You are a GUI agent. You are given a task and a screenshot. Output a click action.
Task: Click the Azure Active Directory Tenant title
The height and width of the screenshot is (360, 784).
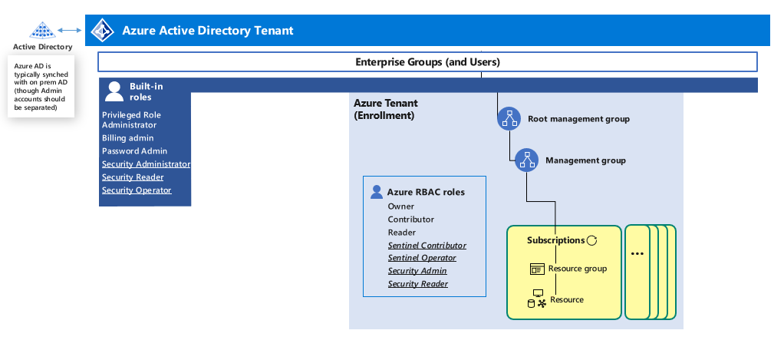point(207,31)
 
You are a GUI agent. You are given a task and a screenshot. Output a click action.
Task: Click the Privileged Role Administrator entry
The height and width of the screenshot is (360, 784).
point(131,120)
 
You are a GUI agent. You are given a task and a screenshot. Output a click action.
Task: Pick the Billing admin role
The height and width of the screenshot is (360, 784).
point(127,138)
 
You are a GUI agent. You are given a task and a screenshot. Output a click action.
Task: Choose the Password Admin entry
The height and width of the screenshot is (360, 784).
point(134,151)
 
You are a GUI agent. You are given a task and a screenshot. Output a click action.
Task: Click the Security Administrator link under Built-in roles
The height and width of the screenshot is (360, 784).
point(146,164)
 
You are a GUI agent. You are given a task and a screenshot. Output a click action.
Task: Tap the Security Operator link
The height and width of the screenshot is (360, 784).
point(137,190)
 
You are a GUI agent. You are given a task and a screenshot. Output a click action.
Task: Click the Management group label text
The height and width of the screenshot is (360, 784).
point(585,160)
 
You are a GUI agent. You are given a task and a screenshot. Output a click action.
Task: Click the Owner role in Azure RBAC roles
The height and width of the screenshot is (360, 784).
point(400,206)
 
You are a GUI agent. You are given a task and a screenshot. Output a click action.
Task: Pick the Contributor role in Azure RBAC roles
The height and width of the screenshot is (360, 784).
point(410,220)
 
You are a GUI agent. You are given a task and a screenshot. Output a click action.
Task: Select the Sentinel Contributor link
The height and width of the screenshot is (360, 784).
point(427,246)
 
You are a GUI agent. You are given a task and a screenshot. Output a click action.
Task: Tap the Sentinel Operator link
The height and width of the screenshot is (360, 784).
point(422,259)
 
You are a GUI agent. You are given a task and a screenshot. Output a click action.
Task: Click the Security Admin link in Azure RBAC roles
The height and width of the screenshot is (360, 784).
point(417,271)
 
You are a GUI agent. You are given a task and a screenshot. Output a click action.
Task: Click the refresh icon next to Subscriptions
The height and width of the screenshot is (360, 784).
point(591,241)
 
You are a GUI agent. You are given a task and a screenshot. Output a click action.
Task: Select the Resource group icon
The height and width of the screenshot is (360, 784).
point(538,269)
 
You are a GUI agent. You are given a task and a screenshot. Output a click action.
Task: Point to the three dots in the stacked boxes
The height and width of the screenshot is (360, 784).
point(637,254)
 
